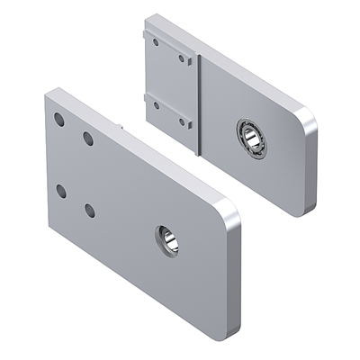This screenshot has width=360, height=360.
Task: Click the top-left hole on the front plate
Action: (58, 119)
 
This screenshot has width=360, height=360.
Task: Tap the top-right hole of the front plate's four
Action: (88, 138)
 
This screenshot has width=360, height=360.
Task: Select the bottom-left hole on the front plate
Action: (59, 190)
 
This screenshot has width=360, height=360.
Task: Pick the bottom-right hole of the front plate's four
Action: (89, 210)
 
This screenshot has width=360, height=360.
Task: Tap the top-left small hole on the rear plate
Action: (156, 40)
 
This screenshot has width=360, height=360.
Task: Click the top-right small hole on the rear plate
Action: (182, 58)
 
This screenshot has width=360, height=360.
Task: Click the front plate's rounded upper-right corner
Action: (229, 209)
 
